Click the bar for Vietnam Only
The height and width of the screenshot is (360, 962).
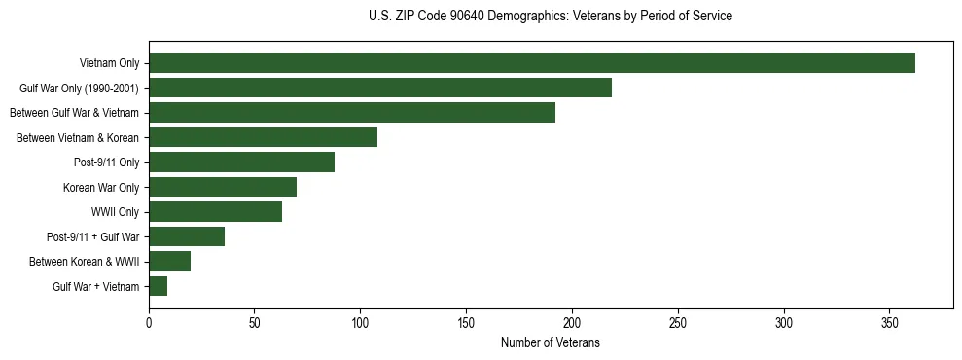point(531,63)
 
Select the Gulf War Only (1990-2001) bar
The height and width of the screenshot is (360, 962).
point(380,88)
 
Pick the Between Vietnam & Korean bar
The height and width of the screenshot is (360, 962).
point(263,137)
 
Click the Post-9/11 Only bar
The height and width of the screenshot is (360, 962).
point(241,162)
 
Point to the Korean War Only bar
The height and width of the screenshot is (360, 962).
point(223,187)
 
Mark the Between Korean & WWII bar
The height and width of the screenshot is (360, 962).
point(169,262)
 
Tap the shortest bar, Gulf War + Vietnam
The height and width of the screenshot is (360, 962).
point(158,286)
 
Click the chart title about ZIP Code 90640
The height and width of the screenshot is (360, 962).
point(551,17)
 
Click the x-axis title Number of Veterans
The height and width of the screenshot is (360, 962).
point(551,343)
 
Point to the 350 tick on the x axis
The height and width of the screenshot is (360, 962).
point(890,322)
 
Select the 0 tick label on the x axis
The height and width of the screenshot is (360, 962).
point(149,322)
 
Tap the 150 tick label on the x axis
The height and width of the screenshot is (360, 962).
point(466,322)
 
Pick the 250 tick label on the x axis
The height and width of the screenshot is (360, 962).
point(678,322)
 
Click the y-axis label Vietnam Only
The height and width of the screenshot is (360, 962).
point(109,63)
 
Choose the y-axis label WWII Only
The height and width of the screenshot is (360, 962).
point(115,212)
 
